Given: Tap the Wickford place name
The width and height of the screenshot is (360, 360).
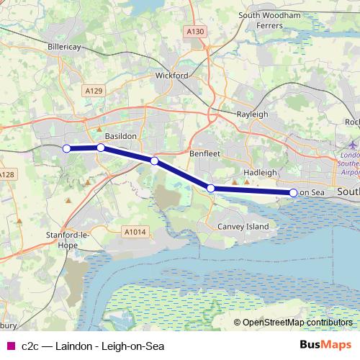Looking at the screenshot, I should [x=172, y=75].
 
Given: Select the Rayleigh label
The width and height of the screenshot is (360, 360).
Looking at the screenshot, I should [x=253, y=114].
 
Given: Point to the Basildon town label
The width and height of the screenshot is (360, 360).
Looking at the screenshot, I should [x=120, y=135].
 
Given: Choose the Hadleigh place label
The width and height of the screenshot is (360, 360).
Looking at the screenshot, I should [x=260, y=173].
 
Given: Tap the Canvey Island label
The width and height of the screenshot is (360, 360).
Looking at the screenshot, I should [x=243, y=227].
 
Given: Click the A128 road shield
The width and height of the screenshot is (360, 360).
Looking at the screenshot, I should [x=6, y=175].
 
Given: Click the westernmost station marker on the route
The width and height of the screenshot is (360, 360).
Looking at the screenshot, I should [x=66, y=148].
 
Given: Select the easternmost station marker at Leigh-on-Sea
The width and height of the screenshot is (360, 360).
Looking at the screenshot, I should [x=294, y=192].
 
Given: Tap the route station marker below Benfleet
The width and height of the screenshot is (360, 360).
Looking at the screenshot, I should [x=211, y=189].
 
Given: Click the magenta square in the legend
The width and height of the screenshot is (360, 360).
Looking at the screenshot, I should [x=11, y=346].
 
